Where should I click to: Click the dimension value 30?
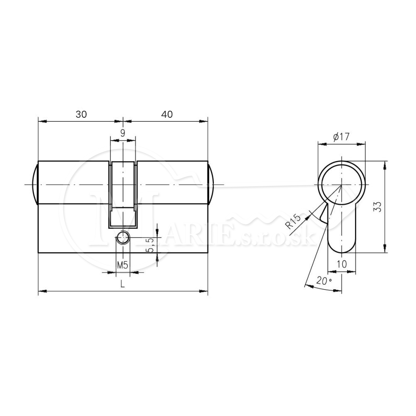[81, 114]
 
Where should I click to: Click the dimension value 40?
[167, 114]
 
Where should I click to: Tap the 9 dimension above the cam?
[123, 133]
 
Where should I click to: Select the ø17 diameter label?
[341, 137]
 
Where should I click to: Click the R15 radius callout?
[293, 222]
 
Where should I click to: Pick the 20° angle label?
[324, 280]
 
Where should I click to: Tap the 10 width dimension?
[342, 264]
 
